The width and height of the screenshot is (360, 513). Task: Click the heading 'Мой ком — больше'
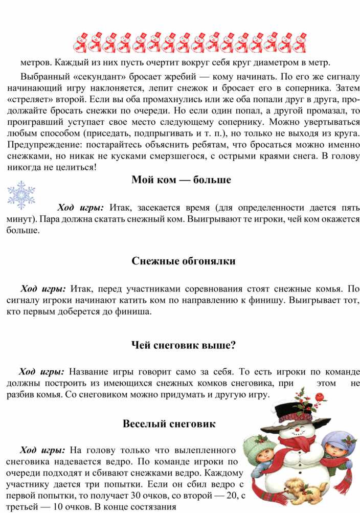181,180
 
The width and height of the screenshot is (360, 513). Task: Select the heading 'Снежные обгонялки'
183,261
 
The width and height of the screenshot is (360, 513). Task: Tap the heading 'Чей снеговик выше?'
183,345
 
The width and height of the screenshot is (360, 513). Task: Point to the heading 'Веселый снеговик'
169,424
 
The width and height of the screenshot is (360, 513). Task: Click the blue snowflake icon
21,195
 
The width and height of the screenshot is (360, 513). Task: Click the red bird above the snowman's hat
320,396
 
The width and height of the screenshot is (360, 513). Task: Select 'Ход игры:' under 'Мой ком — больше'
80,208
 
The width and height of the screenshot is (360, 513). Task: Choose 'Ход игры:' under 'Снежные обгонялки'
42,288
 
